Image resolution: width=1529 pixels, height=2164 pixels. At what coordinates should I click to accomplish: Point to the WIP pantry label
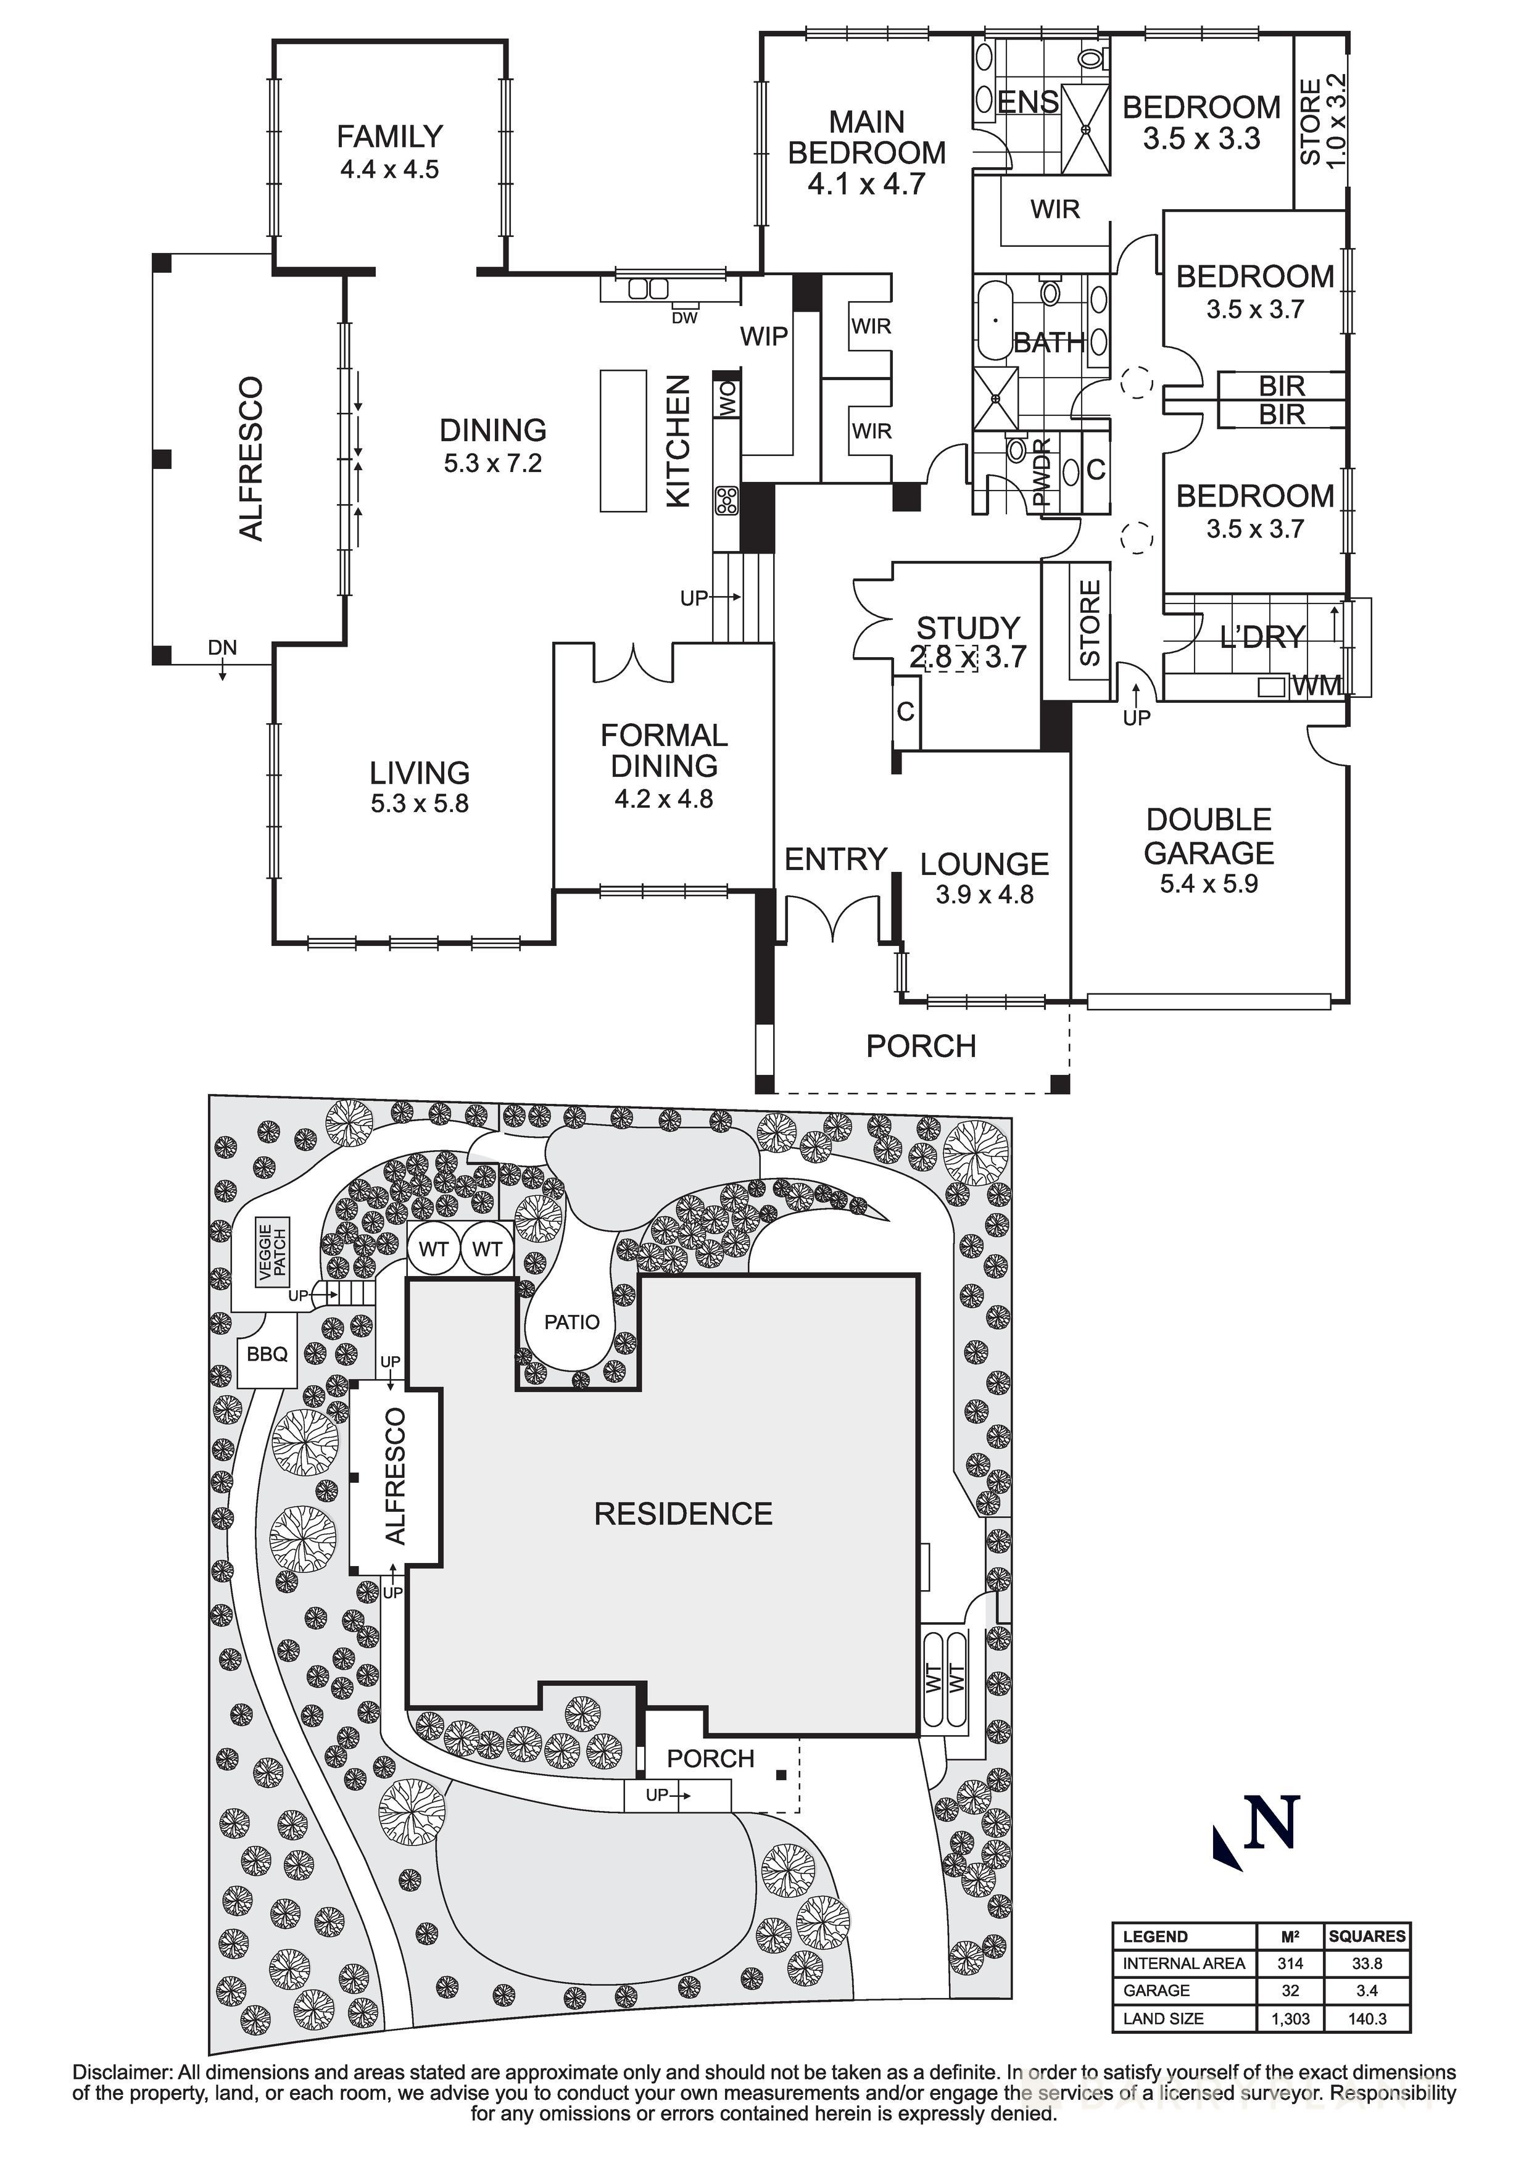(763, 336)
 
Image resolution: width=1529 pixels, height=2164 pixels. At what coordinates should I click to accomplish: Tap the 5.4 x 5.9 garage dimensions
(1209, 884)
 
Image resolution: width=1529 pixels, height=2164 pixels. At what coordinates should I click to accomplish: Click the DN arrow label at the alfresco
(223, 649)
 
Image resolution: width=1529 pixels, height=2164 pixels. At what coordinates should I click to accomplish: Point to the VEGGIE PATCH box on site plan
(273, 1253)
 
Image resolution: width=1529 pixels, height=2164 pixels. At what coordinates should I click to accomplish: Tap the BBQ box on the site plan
(267, 1354)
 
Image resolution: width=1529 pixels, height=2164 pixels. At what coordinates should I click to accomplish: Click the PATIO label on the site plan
(571, 1322)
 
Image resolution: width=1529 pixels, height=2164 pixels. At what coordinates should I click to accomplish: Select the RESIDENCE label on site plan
(684, 1514)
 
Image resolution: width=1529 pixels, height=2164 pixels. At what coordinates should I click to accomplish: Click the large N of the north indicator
(1272, 1824)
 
